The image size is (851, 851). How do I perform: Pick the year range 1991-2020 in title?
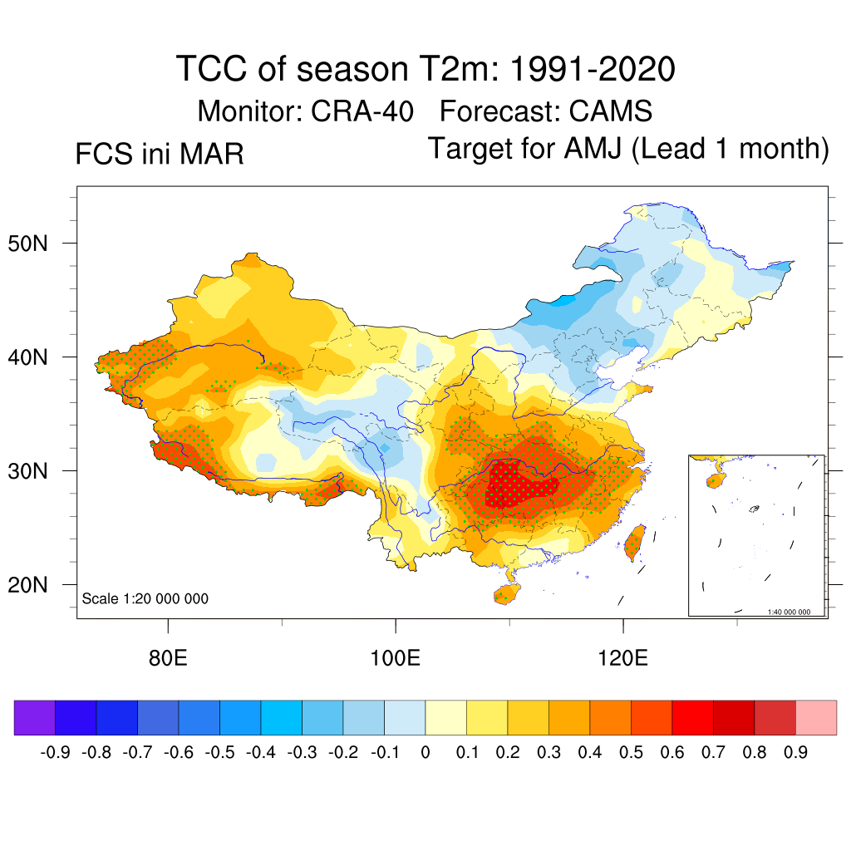[591, 69]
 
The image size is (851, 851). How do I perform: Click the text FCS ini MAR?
[160, 155]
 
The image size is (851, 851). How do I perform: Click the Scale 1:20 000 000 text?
[145, 599]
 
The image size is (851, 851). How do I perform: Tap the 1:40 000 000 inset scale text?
[794, 612]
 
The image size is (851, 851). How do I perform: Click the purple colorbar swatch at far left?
[35, 718]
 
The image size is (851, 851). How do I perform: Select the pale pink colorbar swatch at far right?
[816, 718]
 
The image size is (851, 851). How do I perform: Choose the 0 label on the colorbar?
[425, 752]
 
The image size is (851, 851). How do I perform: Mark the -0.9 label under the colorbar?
[55, 752]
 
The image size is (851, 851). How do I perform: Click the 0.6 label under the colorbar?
[672, 752]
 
